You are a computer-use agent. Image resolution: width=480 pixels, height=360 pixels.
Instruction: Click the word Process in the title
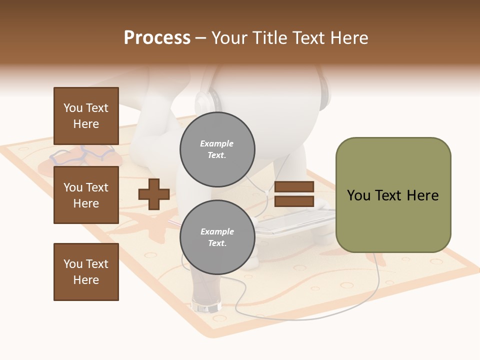[x=157, y=38]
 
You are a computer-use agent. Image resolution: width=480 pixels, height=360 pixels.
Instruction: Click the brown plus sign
[x=153, y=194]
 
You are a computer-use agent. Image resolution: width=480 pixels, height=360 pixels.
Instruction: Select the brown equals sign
[x=294, y=194]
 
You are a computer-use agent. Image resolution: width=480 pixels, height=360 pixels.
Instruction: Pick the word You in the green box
[x=358, y=195]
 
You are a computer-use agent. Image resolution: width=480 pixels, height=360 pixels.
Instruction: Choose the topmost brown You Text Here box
[x=86, y=116]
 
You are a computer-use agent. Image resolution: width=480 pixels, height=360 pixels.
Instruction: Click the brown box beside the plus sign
[x=86, y=195]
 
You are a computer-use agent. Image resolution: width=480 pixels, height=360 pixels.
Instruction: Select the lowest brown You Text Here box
[x=86, y=272]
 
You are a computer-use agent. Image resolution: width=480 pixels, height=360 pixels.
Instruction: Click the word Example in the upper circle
[x=217, y=143]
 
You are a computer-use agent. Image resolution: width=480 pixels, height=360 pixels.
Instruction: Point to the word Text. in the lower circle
[x=217, y=243]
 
